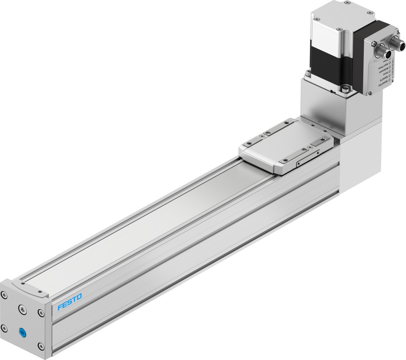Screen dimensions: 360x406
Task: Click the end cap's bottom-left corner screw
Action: [4, 328]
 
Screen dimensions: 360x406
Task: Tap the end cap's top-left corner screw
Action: [4, 296]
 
